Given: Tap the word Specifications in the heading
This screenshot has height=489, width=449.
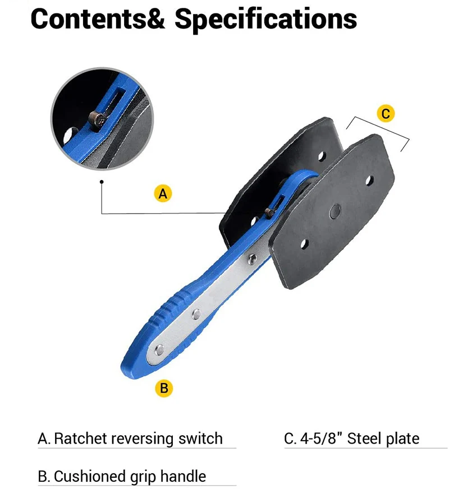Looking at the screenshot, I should click(x=265, y=19).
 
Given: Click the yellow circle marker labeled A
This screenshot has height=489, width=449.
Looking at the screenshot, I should click(x=163, y=194).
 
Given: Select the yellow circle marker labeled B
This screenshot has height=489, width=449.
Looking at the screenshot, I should click(x=163, y=387).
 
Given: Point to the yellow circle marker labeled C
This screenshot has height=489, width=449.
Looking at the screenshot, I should click(x=385, y=114).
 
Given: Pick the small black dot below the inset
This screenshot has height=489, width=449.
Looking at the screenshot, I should click(x=102, y=181).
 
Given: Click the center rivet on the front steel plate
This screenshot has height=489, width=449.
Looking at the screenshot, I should click(x=335, y=211).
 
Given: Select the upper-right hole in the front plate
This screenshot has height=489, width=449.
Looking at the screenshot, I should click(x=370, y=181).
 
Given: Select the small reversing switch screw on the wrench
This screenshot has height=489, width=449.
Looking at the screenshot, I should click(x=270, y=213).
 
